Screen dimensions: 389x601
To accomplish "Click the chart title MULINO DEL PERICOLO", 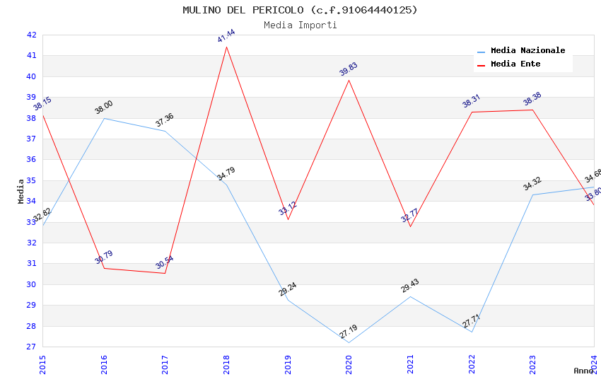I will click(x=300, y=10).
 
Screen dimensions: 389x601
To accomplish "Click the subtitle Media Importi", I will click(x=300, y=25).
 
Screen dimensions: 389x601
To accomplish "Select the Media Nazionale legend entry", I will click(x=527, y=50).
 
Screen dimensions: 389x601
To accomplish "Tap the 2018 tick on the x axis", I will click(x=226, y=361).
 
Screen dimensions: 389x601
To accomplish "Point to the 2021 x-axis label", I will click(x=410, y=361).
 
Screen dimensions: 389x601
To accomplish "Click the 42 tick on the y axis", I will click(x=31, y=35).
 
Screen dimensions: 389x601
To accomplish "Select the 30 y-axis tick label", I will click(x=31, y=284).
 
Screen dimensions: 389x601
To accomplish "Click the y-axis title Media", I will click(x=21, y=191).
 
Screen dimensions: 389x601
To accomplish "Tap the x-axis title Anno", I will click(x=583, y=371).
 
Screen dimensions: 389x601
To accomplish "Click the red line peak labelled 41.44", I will click(x=226, y=47).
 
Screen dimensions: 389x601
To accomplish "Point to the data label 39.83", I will click(x=349, y=69).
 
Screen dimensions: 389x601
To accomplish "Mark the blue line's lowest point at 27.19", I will click(x=349, y=342).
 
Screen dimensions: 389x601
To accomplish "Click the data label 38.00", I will click(x=104, y=107).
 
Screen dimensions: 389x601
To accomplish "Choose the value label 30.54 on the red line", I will click(x=165, y=262).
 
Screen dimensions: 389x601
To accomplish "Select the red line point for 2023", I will click(x=532, y=110).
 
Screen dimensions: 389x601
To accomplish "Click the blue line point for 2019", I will click(x=288, y=300).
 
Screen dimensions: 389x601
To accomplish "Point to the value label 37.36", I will click(x=165, y=120).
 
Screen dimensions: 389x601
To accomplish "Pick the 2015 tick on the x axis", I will click(x=42, y=361).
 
